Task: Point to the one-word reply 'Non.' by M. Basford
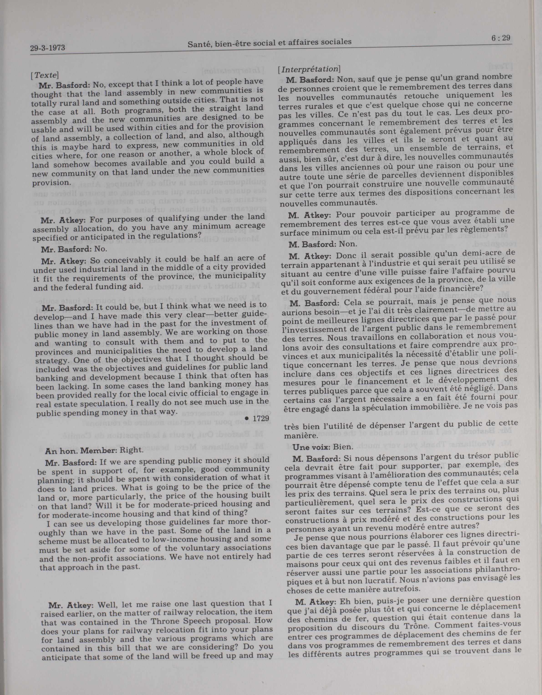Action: tap(348, 244)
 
